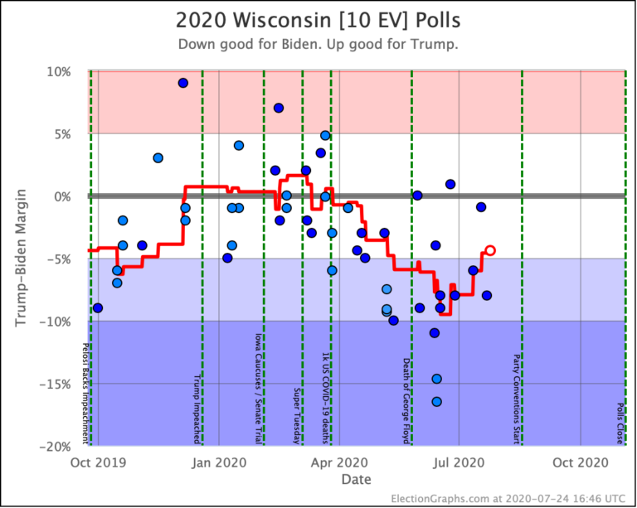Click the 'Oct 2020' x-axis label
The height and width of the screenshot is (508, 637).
point(580,462)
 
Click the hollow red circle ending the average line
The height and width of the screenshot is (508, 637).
point(490,250)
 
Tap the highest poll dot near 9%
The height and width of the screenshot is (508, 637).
point(183,83)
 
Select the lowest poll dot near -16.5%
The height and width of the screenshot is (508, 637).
point(436,402)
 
